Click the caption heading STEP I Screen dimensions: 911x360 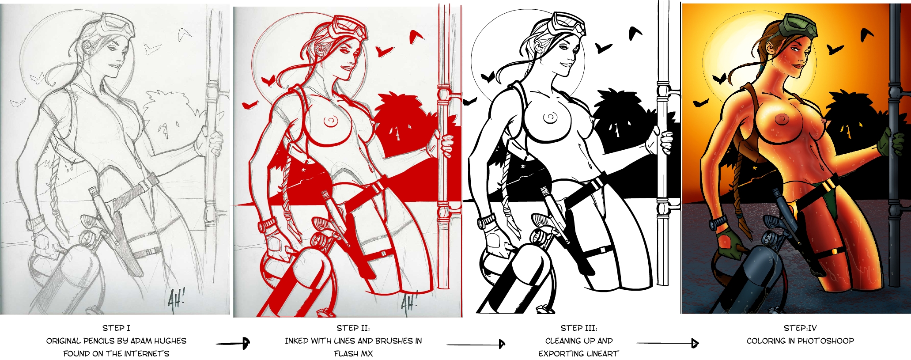tap(116, 328)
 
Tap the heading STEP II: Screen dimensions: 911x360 tap(353, 328)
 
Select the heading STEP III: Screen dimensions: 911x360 tap(579, 328)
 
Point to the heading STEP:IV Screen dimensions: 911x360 tap(800, 328)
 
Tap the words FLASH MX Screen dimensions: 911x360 tap(353, 354)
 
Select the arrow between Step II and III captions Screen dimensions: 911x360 tap(476, 344)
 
